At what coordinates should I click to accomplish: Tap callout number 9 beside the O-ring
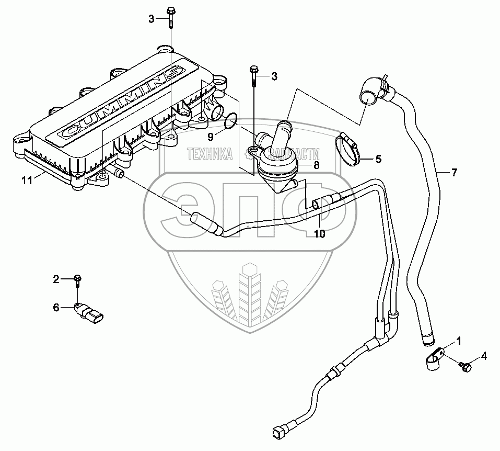coord(211,138)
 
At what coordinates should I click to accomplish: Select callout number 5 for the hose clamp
coord(378,158)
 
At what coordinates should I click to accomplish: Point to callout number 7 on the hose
coord(454,172)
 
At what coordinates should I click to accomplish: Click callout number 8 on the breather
coord(316,165)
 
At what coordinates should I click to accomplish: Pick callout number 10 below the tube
coord(319,234)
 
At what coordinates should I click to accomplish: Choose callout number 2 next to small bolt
coord(56,279)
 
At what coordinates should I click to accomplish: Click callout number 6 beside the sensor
coord(56,308)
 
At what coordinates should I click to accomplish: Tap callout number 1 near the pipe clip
coord(458,342)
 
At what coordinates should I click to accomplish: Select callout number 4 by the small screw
coord(484,356)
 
